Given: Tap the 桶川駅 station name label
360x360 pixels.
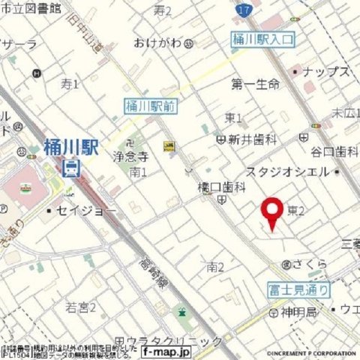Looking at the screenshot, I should click(71, 146).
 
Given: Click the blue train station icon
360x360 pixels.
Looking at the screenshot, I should click(72, 166).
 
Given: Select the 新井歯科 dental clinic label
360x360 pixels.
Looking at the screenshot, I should click(248, 139).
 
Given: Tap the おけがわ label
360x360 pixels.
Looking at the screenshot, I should click(158, 43).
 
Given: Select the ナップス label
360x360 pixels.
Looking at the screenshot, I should click(328, 72).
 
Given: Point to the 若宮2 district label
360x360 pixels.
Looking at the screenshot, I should click(81, 307).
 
